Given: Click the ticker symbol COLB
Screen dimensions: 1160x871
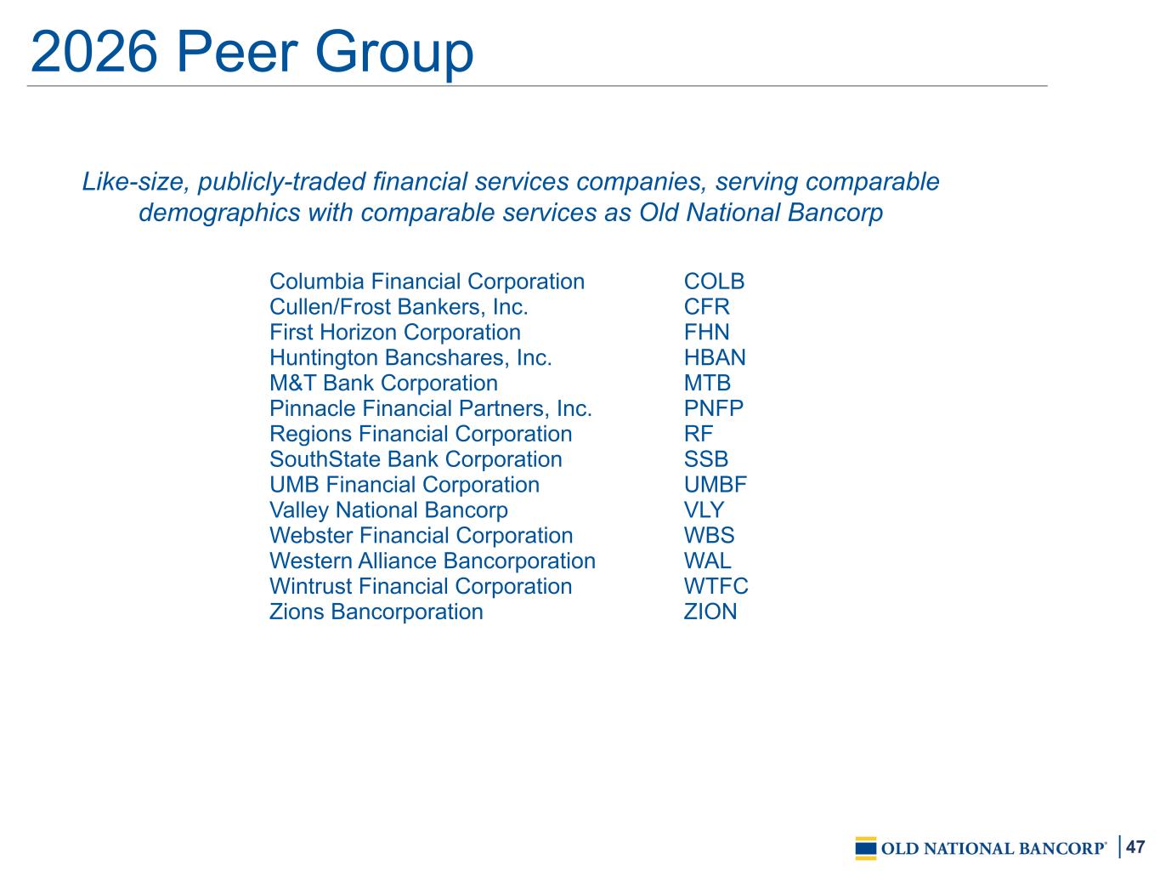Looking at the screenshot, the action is click(x=714, y=282).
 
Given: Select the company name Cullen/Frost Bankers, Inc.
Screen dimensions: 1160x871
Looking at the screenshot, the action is click(x=399, y=307).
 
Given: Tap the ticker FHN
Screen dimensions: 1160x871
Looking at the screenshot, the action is click(x=706, y=332).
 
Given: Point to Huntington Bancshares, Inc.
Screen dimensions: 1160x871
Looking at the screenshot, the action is click(x=410, y=357).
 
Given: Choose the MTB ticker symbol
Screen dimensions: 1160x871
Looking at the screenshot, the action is click(x=707, y=383).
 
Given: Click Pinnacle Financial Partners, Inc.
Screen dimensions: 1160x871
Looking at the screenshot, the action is click(x=431, y=408).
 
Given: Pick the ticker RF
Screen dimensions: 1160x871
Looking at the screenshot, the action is click(x=698, y=434).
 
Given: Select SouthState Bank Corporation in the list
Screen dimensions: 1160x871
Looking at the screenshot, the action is click(x=416, y=459).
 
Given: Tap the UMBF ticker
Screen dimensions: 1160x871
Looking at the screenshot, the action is click(x=715, y=485).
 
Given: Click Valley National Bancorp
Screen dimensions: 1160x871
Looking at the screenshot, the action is click(x=388, y=510).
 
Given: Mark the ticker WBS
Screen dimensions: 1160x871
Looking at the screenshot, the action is click(x=709, y=535).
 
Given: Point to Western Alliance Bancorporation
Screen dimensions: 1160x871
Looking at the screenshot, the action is click(x=433, y=561).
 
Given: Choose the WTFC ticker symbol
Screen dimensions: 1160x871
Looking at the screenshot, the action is click(x=716, y=586).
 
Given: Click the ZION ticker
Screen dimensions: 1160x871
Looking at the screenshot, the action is click(x=710, y=612).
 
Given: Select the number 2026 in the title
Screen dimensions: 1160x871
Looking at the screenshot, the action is click(x=94, y=52).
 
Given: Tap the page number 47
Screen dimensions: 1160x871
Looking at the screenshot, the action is click(x=1135, y=846).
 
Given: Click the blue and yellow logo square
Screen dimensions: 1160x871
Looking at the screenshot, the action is click(x=865, y=848).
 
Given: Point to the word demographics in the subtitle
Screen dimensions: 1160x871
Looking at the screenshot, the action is click(x=219, y=213).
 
